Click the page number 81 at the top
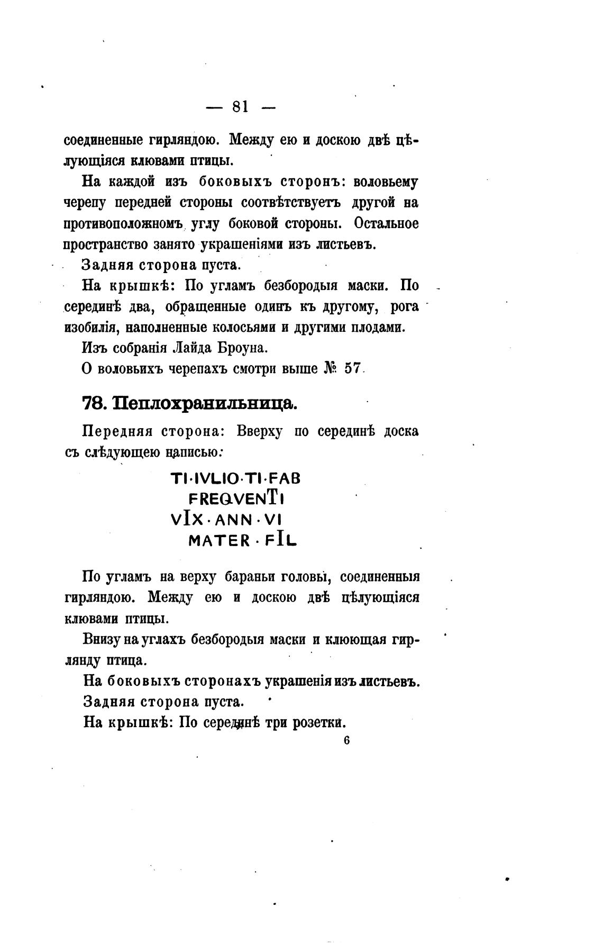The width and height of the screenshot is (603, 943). tap(240, 106)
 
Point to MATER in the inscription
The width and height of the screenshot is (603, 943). tap(219, 541)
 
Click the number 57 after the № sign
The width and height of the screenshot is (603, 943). tap(352, 368)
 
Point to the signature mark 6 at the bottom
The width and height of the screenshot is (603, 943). tap(346, 740)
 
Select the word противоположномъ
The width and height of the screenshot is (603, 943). tap(124, 224)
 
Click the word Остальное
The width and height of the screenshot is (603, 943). tap(386, 223)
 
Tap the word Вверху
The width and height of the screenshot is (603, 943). tap(259, 431)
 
